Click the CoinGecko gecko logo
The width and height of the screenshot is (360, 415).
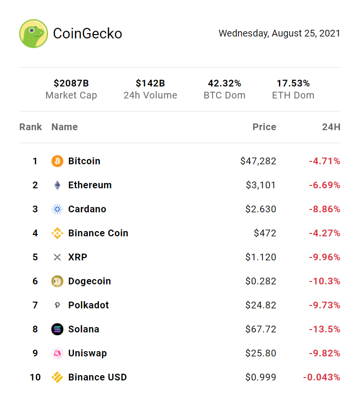click(33, 34)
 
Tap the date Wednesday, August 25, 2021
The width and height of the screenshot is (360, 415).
click(279, 34)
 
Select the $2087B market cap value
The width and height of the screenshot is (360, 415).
click(71, 84)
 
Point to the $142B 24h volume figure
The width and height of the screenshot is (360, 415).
click(150, 84)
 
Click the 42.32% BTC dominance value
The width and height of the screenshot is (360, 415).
click(224, 84)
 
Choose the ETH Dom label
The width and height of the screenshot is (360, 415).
click(293, 95)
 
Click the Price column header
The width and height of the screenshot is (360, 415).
click(264, 127)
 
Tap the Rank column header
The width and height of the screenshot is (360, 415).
click(31, 127)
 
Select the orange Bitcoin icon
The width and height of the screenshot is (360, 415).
click(57, 161)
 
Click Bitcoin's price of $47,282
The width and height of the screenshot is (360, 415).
click(258, 161)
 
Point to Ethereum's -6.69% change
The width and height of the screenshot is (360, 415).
click(324, 185)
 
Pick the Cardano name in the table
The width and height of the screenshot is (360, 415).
click(87, 209)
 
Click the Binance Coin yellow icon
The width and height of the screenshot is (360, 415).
click(57, 233)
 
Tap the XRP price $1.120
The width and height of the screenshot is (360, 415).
click(261, 257)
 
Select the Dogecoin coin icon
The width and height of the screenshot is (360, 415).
click(57, 281)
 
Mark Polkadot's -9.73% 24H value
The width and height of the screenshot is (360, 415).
click(324, 305)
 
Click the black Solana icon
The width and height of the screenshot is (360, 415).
click(57, 330)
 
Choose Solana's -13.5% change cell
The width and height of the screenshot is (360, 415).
click(324, 330)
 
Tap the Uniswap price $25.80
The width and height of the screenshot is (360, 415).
click(261, 354)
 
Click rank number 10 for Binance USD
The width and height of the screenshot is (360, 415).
click(35, 378)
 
